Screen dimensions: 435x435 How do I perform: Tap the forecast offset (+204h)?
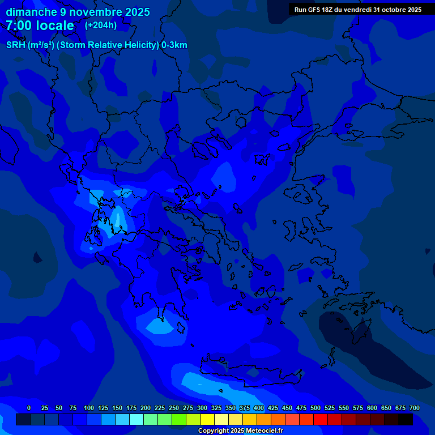point(101,25)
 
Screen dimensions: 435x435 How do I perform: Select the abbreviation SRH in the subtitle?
point(16,45)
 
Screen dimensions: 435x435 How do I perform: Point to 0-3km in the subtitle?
point(174,45)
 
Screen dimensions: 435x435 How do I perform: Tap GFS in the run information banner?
point(317,10)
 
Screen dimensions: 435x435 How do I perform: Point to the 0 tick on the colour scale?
point(29,408)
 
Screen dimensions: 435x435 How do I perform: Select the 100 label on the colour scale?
point(89,408)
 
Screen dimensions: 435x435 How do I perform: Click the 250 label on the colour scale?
point(174,408)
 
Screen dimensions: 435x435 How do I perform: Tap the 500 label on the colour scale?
point(315,408)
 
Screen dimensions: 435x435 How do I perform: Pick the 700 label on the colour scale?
point(415,408)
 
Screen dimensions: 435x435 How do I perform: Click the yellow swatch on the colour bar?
point(207,420)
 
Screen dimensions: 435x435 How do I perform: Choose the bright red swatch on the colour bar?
point(321,420)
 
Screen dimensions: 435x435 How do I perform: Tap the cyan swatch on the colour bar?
point(137,420)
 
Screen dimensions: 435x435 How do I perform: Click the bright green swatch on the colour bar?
point(179,420)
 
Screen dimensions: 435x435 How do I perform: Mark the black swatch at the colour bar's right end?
point(406,420)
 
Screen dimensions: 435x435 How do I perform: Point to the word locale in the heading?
point(55,25)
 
